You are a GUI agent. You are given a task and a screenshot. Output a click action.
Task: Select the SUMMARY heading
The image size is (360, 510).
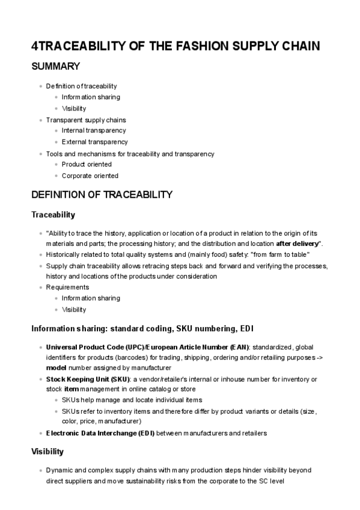click(56, 66)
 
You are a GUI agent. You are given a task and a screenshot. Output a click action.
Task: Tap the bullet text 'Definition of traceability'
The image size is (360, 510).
click(81, 86)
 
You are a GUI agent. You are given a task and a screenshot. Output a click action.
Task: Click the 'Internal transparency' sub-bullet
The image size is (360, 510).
click(94, 131)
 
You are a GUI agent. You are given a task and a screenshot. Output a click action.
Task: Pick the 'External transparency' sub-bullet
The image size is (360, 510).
click(94, 142)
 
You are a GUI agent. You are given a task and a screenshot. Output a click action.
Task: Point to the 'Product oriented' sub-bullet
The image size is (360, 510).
click(87, 164)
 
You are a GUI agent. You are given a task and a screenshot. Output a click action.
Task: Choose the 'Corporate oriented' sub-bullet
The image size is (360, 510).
click(90, 176)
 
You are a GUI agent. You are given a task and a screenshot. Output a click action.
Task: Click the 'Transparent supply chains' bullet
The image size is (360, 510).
click(86, 120)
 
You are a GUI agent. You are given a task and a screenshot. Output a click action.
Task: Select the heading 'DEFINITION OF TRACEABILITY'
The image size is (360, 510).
click(102, 195)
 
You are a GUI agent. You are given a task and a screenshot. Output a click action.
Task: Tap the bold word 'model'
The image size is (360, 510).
click(56, 367)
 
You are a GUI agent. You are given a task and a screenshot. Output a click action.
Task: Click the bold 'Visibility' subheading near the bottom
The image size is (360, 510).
click(47, 451)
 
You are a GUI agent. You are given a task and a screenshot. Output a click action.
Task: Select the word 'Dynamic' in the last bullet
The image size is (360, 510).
click(59, 470)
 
